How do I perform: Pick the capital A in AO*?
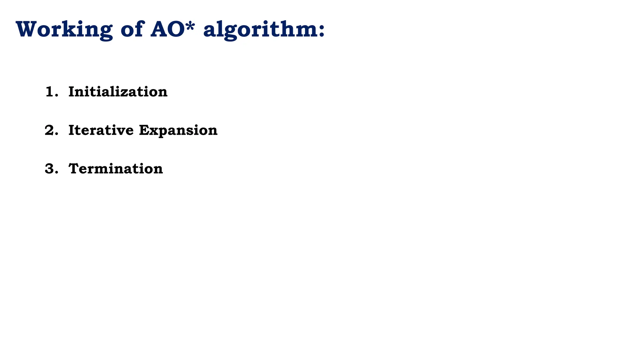(160, 29)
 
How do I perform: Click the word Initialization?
(118, 92)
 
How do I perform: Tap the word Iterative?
(101, 130)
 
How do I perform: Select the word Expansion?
(178, 130)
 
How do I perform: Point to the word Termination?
(116, 169)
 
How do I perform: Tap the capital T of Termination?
(74, 169)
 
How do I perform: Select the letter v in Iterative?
(119, 131)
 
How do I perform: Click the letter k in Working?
(68, 29)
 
